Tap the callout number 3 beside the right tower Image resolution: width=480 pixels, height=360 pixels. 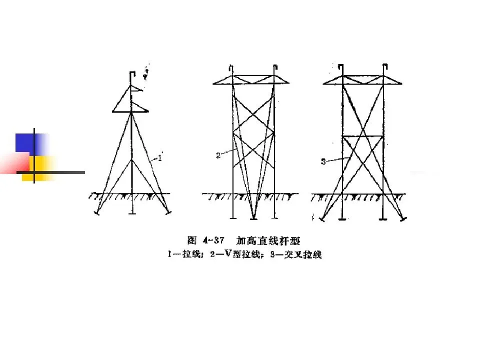click(323, 161)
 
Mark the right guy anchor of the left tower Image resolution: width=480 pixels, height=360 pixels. click(168, 213)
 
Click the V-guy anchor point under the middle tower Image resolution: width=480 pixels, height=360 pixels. click(254, 217)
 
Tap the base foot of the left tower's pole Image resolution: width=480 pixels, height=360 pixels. click(132, 214)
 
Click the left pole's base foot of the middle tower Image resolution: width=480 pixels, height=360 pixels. click(233, 218)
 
